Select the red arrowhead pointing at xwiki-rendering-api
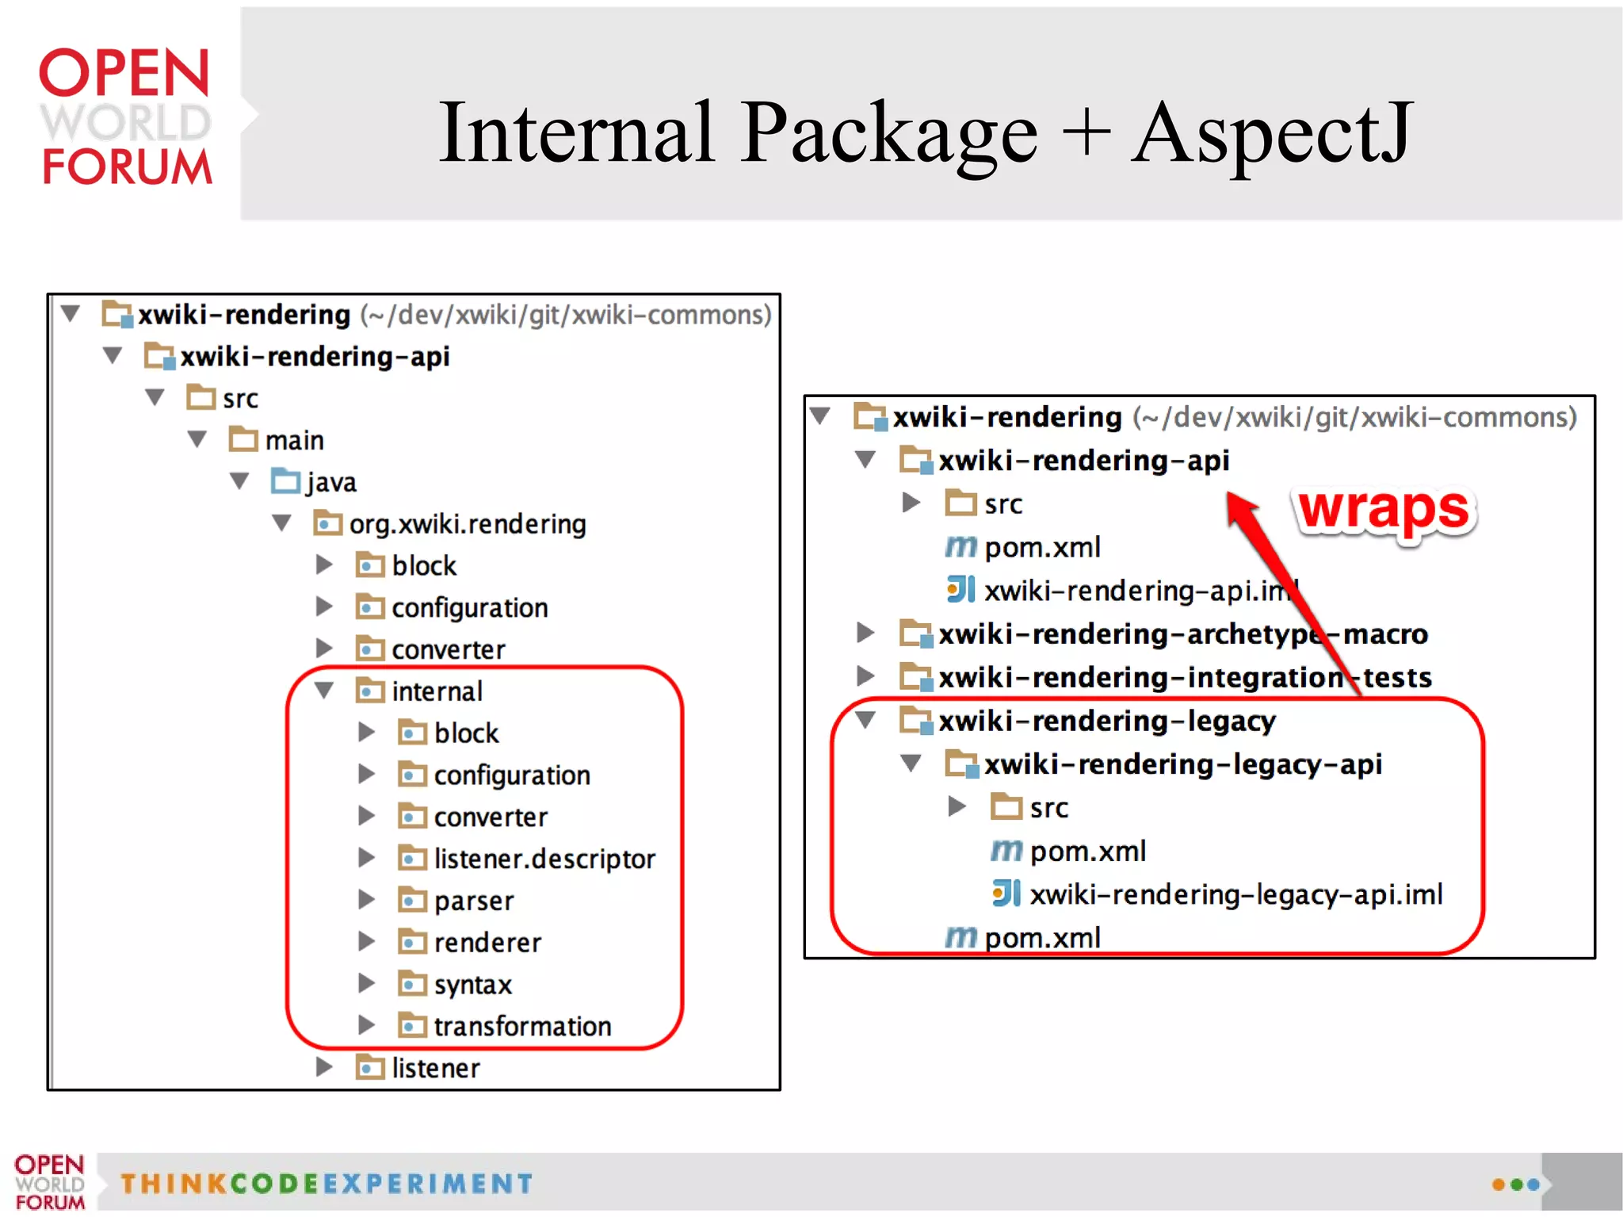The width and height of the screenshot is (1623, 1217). click(1241, 507)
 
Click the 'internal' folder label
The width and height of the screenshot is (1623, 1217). click(437, 691)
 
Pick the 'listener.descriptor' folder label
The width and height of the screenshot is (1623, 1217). click(544, 859)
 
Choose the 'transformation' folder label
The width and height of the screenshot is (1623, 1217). click(522, 1026)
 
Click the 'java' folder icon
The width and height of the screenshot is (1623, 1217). click(285, 480)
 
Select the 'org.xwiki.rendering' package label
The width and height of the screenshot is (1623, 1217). click(468, 524)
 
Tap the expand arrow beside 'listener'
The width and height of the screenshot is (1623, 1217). click(323, 1067)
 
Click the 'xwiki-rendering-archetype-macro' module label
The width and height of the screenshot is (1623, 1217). click(1182, 634)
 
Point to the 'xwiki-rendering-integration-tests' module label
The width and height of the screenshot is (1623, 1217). click(1185, 678)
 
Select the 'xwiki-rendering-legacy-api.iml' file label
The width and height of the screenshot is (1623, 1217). click(1235, 894)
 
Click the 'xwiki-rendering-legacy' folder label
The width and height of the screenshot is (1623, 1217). click(1107, 721)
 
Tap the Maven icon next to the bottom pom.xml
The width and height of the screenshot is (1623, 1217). click(960, 938)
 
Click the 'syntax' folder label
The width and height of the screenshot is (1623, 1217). click(472, 985)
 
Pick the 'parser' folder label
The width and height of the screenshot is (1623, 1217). click(474, 901)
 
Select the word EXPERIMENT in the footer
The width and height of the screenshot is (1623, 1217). click(428, 1184)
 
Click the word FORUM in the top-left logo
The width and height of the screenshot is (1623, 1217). click(127, 166)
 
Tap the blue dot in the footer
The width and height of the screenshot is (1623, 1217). click(1533, 1184)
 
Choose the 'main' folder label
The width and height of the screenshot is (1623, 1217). click(294, 440)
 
